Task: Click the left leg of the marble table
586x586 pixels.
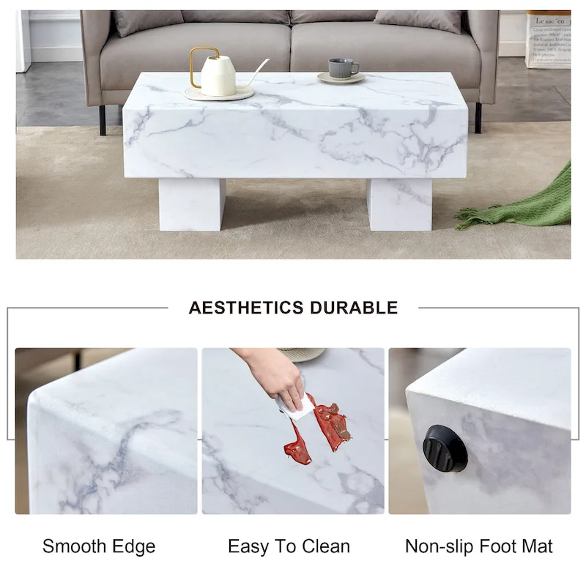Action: (192, 204)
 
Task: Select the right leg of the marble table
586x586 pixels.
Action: (399, 204)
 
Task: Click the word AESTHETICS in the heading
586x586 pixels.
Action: (246, 308)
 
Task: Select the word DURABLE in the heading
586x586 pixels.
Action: (354, 308)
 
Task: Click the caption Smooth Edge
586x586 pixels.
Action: (99, 546)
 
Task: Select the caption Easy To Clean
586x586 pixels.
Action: (289, 546)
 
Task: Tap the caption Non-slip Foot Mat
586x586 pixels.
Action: (479, 546)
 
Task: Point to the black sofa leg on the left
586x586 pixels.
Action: (103, 119)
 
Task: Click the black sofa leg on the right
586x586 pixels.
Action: (478, 117)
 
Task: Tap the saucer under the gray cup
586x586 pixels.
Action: (342, 78)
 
